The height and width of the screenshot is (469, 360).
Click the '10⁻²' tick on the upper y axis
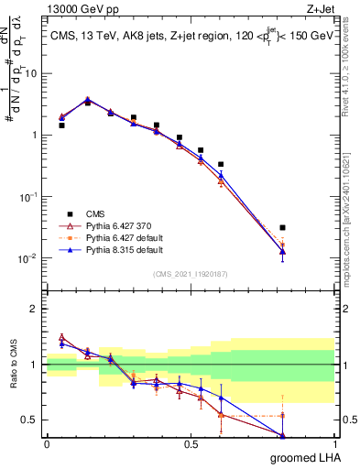[x=28, y=257]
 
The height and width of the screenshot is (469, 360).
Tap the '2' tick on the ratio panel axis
[x=34, y=309]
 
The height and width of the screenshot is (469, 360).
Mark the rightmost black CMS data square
[x=282, y=227]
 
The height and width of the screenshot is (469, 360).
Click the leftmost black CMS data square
[x=61, y=125]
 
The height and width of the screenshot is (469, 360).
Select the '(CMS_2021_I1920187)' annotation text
[x=191, y=273]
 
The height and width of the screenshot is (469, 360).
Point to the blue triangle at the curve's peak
[x=87, y=99]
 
